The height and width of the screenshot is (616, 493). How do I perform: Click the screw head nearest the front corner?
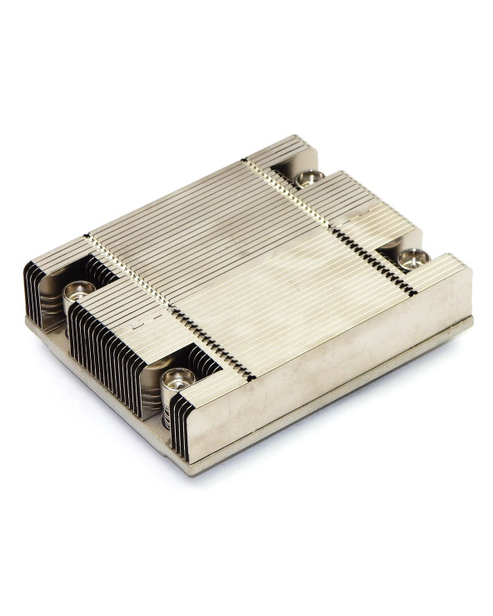coord(178,380)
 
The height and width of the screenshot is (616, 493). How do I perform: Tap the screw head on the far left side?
coord(80,291)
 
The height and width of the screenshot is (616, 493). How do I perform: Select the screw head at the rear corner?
coord(309,177)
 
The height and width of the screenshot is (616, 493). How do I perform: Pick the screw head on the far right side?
coord(411,258)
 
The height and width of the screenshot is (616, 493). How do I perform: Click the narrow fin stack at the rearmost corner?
coord(283,150)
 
